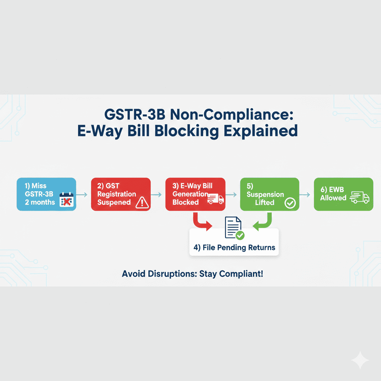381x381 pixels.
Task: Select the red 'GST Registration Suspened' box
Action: tap(121, 194)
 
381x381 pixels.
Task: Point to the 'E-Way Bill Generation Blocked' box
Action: tap(195, 194)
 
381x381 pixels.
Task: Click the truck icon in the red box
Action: tap(215, 199)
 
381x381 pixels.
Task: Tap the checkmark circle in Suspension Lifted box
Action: tap(289, 203)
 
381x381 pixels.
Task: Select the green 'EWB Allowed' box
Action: tap(343, 194)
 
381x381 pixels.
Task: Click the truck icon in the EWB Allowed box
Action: tap(359, 197)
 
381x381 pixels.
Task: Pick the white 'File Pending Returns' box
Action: tap(234, 242)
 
